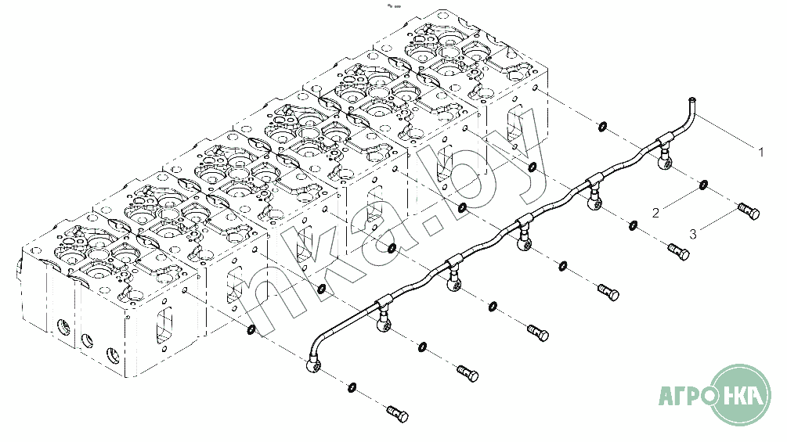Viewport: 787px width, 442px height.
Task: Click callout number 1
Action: pos(761,152)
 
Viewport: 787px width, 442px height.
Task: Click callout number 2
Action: pos(655,213)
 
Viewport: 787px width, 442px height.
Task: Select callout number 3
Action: pos(693,234)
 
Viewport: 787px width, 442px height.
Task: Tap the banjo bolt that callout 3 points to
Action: pos(749,211)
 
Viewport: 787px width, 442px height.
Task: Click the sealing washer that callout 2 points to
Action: pos(703,185)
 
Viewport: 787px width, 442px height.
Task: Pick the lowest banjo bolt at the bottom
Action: pos(398,413)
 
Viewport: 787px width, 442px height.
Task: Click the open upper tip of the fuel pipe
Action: pos(692,100)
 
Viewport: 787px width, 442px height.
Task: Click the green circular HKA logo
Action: pos(741,395)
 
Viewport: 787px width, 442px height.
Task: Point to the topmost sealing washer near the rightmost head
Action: pos(601,126)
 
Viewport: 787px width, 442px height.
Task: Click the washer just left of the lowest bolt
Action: pos(352,387)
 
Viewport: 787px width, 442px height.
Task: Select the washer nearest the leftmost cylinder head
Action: pos(251,330)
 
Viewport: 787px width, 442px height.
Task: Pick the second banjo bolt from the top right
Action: pos(679,252)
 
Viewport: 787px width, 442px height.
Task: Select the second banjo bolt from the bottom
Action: pos(468,373)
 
